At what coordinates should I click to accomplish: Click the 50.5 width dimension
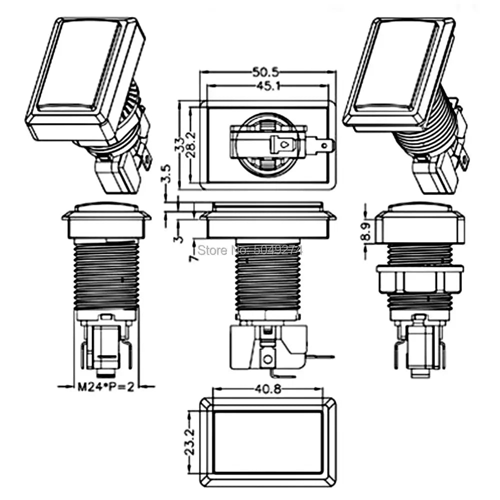[267, 72]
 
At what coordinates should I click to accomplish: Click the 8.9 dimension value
[368, 231]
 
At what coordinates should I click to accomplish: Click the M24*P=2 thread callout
[106, 386]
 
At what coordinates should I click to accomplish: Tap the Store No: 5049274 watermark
[250, 248]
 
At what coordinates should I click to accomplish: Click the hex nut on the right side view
[419, 279]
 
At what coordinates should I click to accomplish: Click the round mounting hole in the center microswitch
[268, 358]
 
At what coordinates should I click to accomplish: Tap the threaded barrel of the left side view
[106, 275]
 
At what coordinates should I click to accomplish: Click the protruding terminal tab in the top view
[324, 146]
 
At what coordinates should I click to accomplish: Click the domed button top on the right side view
[419, 206]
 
